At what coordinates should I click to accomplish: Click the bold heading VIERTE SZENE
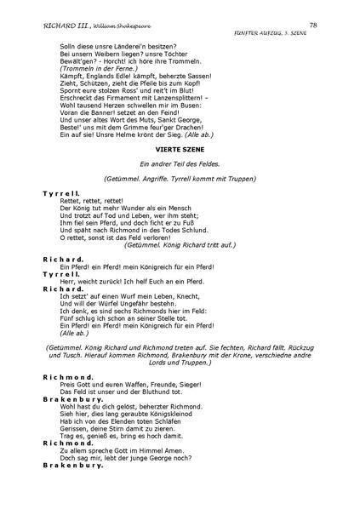tap(180, 149)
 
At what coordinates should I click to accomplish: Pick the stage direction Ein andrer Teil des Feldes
tap(180, 164)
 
